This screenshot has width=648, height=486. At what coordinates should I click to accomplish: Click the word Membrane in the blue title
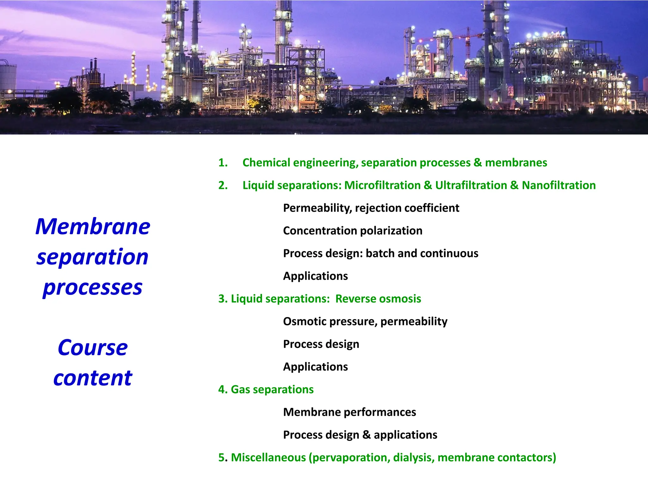(93, 227)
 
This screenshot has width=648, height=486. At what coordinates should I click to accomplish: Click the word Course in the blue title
(93, 348)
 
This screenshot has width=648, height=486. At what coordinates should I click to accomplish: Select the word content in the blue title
(93, 378)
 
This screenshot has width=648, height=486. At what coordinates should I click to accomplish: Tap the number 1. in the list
(223, 163)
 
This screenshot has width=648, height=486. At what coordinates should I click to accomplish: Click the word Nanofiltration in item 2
(558, 185)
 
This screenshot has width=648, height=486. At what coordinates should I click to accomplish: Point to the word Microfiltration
(382, 185)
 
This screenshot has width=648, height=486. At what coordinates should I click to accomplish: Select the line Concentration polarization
(352, 231)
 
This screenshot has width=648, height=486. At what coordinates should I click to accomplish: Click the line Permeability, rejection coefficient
(371, 208)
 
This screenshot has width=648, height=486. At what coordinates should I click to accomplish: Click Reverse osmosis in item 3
(378, 299)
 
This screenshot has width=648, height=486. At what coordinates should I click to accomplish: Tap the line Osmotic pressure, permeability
(365, 321)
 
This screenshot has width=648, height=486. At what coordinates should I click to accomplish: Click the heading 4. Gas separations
(266, 389)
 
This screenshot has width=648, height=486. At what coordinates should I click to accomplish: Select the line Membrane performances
(349, 412)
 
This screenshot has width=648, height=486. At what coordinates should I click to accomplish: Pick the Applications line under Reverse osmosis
(315, 367)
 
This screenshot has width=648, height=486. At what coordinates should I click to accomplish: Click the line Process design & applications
(360, 435)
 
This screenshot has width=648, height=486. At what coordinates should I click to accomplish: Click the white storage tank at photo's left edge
(7, 76)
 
